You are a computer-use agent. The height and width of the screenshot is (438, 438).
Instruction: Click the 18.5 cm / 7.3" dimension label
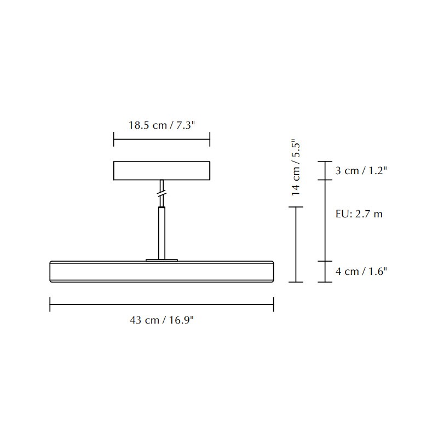tap(162, 125)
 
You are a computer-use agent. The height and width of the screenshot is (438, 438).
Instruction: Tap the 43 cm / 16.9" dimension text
tap(162, 320)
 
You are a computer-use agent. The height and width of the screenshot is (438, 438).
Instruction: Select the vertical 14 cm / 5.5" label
tap(296, 168)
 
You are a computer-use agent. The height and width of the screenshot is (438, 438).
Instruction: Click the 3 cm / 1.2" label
tap(361, 171)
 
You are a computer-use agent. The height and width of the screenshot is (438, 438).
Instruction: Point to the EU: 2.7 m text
tap(359, 214)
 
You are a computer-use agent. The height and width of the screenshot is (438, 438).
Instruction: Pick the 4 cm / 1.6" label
tap(361, 271)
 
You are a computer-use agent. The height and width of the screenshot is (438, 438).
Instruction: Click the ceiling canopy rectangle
tap(162, 170)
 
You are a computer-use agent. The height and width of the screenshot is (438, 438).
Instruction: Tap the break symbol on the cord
tap(162, 194)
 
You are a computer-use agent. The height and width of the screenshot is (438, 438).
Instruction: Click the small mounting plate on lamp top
tap(162, 260)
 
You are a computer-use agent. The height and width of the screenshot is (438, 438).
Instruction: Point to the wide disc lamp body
tap(162, 272)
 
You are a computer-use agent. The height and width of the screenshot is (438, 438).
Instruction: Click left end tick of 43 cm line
tap(50, 304)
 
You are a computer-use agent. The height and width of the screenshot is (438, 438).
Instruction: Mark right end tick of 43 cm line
tap(273, 304)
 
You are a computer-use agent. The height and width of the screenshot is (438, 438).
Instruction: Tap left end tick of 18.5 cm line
tap(114, 139)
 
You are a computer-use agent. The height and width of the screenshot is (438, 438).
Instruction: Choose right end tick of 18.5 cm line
tap(210, 139)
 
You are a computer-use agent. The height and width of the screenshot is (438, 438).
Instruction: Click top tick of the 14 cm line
tap(296, 207)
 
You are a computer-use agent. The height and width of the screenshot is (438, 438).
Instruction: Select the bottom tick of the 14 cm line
tap(296, 282)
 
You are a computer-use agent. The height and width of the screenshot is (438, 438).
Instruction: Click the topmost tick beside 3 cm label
tap(325, 162)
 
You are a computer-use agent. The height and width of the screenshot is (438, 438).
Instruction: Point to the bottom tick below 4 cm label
tap(325, 282)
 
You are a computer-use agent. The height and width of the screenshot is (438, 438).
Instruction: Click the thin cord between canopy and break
tap(162, 185)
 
